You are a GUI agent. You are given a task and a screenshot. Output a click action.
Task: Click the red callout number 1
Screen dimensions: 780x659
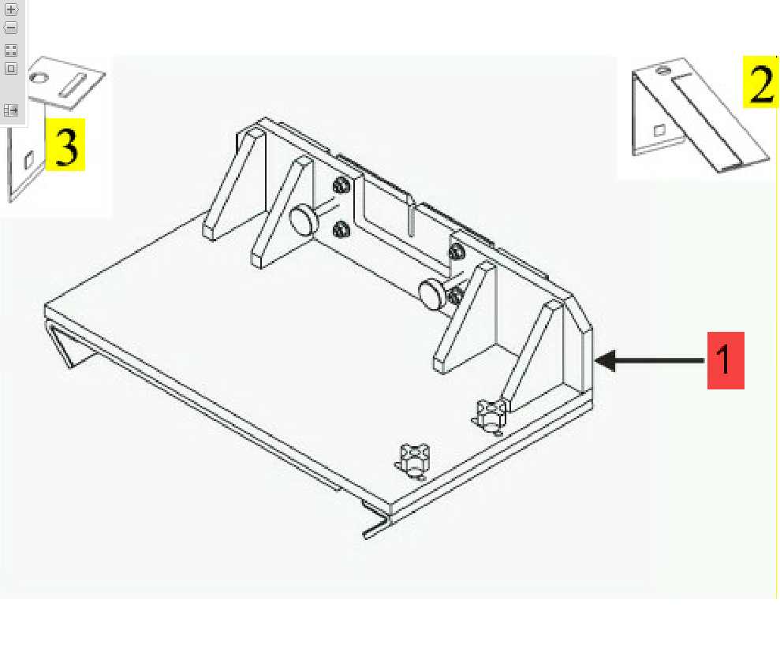[x=726, y=360]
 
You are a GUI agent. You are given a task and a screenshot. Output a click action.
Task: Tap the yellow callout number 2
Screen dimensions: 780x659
[x=760, y=82]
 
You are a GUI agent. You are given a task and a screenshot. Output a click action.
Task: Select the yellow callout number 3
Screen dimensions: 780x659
[x=65, y=145]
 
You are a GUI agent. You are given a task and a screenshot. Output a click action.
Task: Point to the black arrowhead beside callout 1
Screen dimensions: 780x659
[x=606, y=360]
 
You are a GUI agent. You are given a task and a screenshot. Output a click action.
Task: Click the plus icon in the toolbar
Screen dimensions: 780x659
[x=11, y=9]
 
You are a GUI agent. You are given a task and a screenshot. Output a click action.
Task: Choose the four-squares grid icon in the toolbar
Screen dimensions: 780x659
[x=11, y=50]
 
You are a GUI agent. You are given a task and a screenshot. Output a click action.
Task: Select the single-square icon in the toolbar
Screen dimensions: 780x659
[x=11, y=69]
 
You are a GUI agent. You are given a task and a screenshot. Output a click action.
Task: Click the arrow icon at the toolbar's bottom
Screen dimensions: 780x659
[x=11, y=110]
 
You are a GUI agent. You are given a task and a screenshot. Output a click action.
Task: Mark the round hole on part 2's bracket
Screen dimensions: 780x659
[x=661, y=70]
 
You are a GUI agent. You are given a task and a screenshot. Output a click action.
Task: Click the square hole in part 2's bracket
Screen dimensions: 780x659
[x=659, y=130]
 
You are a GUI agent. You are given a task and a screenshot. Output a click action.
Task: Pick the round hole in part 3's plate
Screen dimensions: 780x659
[x=39, y=77]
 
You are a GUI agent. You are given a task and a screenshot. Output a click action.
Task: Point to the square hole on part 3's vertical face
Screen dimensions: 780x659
[x=29, y=160]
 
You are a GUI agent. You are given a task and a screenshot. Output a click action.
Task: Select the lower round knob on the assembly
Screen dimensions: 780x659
[x=432, y=294]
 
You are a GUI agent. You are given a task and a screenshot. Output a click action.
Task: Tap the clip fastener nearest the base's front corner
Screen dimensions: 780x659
[x=413, y=461]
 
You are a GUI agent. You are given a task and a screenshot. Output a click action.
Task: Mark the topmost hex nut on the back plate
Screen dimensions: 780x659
[x=341, y=186]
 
